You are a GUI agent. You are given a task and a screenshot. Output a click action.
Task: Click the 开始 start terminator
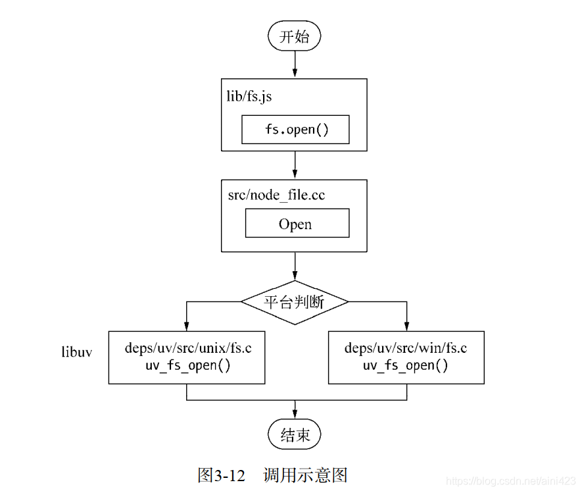coord(294,37)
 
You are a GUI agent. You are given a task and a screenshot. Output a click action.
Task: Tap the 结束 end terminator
coord(294,434)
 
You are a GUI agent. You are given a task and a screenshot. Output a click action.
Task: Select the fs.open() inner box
coord(295,130)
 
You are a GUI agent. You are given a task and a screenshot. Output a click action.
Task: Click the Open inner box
coord(297,224)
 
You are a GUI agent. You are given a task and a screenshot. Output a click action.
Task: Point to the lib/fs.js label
coord(249,97)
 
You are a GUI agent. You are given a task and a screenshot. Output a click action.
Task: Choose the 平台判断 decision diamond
coord(295,302)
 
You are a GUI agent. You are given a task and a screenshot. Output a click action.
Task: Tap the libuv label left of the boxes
coord(76,351)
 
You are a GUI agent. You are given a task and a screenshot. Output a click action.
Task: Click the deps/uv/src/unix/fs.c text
coord(187,348)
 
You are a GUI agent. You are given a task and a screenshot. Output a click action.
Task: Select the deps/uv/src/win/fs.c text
coord(406,348)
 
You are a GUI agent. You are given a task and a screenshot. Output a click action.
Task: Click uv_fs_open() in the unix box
coord(187,366)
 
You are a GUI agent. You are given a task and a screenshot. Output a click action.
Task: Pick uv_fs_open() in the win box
coord(406,366)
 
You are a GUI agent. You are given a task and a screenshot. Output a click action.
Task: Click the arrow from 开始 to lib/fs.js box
coord(295,65)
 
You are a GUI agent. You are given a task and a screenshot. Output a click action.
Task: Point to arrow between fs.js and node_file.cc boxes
coord(295,165)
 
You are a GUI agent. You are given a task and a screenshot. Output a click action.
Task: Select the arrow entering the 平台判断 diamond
coord(295,266)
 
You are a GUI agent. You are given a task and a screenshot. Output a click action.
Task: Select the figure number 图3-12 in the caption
coord(220,475)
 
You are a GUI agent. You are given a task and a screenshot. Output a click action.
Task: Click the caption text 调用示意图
coord(304,475)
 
